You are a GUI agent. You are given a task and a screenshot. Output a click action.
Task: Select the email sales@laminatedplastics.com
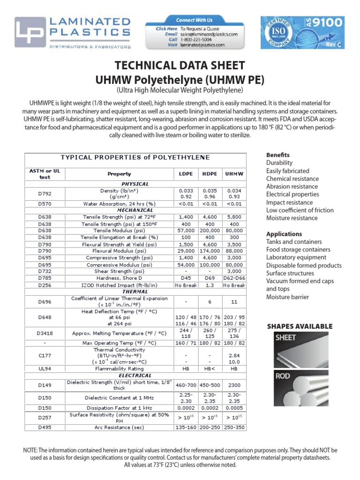point(209,34)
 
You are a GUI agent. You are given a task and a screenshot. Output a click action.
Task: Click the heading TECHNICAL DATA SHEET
point(180,65)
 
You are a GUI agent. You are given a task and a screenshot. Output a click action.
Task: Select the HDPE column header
point(210,174)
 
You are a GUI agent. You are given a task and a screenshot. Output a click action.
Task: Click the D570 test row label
point(45,204)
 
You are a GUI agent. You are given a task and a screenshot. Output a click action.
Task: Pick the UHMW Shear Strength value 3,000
point(234,271)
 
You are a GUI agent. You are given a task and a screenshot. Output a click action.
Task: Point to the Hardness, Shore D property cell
point(119,278)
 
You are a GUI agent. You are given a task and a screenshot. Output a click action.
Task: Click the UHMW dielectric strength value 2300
point(234,385)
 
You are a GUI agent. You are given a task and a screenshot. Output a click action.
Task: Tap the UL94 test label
point(45,369)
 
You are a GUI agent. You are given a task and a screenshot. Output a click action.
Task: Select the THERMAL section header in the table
point(135,292)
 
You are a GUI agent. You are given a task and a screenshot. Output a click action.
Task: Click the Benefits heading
point(278,155)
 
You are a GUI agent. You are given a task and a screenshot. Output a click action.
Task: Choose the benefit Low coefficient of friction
point(300,210)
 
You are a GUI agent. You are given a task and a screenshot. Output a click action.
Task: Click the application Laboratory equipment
point(296,257)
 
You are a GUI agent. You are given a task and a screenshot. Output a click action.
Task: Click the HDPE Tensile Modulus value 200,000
point(210,231)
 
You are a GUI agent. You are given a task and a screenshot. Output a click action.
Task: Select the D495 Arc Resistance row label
point(45,427)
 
